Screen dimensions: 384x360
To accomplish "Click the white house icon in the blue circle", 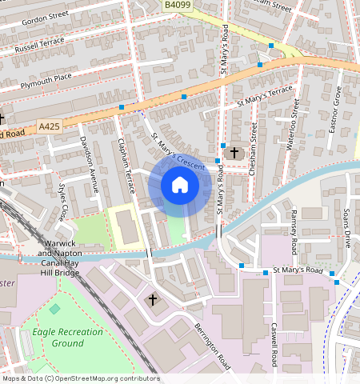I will click(180, 186).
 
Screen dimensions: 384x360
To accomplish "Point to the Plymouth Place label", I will click(46, 78).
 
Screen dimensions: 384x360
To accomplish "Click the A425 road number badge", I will click(49, 126).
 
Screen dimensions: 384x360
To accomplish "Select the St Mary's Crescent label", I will click(178, 150).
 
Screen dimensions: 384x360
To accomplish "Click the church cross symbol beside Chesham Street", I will click(234, 152).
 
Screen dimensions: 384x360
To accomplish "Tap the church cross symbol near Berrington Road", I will click(153, 300).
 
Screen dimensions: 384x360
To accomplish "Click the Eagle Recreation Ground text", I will click(58, 337).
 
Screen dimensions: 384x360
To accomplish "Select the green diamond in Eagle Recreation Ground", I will click(54, 308).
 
